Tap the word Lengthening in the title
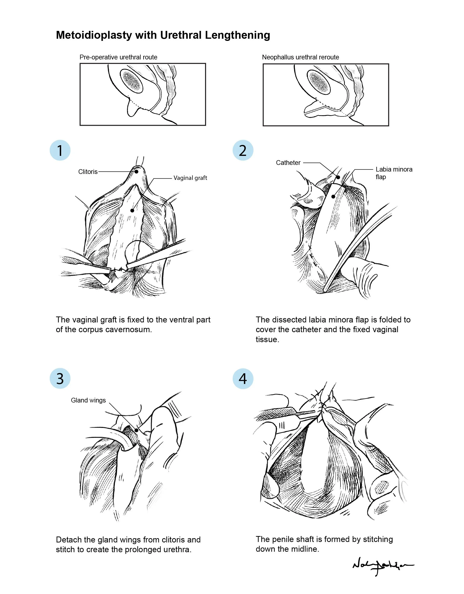[x=237, y=35]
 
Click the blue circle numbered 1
[x=60, y=150]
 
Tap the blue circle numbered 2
[x=243, y=150]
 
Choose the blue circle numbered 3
[x=60, y=378]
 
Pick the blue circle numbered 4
[x=243, y=378]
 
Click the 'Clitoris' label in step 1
[x=88, y=172]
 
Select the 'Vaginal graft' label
[x=190, y=178]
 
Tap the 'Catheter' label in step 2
[x=288, y=163]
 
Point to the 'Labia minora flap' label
[x=394, y=173]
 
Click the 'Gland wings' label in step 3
[x=88, y=400]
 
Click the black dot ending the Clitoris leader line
[x=137, y=172]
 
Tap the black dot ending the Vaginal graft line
[x=132, y=210]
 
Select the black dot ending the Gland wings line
[x=136, y=430]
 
